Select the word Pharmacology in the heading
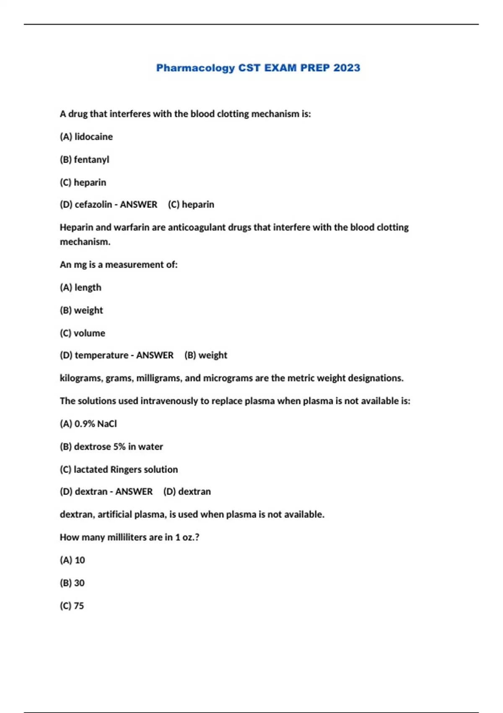[x=195, y=68]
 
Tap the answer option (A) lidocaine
[x=86, y=137]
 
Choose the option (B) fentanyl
[x=84, y=160]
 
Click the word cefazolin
[x=93, y=205]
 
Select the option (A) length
[x=80, y=288]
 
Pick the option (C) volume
[x=83, y=333]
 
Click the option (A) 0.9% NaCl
[x=88, y=424]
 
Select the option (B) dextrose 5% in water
[x=111, y=447]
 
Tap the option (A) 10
[x=73, y=560]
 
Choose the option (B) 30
[x=72, y=583]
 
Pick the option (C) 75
[x=72, y=606]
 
